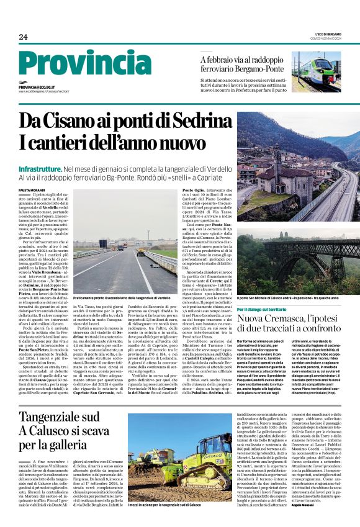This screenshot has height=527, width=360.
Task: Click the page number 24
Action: click(x=23, y=37)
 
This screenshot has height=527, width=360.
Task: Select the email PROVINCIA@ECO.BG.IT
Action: click(x=40, y=88)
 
